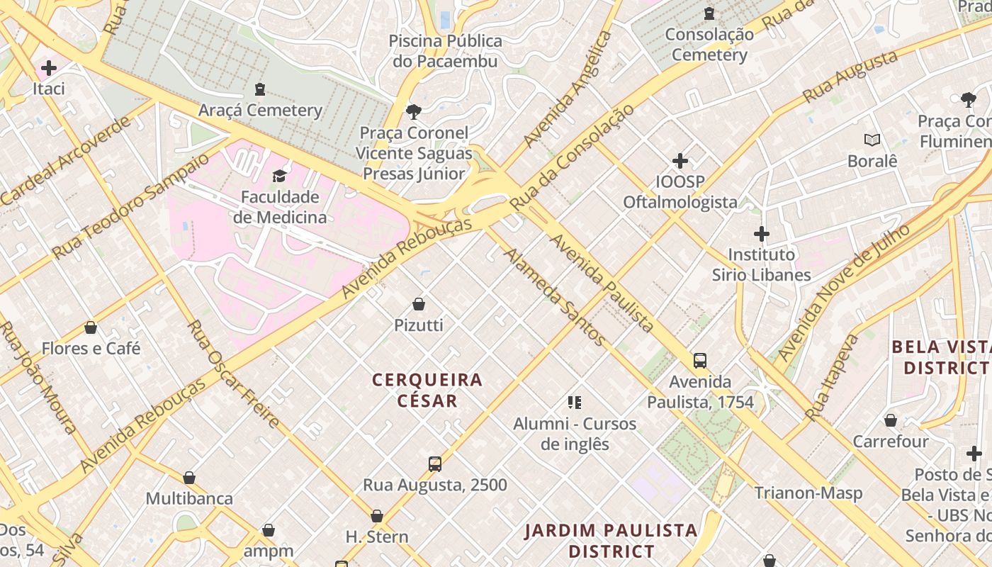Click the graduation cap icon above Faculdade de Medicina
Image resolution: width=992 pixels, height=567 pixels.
[280, 176]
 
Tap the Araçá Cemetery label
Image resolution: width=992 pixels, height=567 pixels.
[260, 110]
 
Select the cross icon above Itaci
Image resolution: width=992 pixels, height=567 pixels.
[49, 68]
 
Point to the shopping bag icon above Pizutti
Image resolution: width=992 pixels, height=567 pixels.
[419, 304]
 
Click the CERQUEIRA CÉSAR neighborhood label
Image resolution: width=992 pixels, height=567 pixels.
[427, 390]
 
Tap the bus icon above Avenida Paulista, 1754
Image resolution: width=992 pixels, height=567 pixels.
[700, 361]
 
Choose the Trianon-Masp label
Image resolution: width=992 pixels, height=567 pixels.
[808, 493]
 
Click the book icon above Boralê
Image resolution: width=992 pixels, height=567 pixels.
[872, 140]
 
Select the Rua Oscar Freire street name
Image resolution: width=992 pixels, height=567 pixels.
[234, 374]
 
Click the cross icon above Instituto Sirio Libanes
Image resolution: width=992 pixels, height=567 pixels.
[762, 233]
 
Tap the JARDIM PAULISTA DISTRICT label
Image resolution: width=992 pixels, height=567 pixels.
[611, 540]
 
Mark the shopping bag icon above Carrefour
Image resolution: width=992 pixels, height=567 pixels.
[891, 420]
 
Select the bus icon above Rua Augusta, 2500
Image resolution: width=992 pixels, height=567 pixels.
[435, 464]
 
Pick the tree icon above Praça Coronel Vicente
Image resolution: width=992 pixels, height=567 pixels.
[413, 111]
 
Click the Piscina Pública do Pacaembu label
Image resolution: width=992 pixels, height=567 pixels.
[445, 51]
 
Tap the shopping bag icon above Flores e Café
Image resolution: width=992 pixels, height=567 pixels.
[91, 327]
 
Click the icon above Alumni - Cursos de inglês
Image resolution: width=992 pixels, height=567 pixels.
[575, 403]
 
